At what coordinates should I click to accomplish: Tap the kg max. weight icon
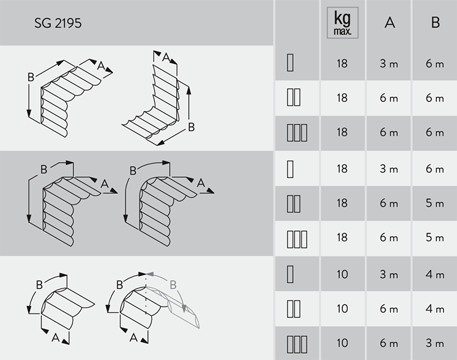point(342,23)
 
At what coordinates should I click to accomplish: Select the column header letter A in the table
point(389,23)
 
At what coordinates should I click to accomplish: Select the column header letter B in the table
point(435,23)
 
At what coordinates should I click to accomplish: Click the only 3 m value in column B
point(435,343)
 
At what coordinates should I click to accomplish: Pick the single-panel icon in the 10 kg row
point(290,273)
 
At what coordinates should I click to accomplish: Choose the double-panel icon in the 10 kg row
point(294,309)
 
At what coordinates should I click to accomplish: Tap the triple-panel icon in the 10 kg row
point(297,343)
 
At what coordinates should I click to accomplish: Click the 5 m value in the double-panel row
point(435,203)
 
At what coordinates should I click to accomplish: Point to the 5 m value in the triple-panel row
point(435,238)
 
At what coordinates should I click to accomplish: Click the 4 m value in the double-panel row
point(435,309)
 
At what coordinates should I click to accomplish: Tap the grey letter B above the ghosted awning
point(173,284)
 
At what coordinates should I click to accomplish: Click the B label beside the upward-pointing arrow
point(191,127)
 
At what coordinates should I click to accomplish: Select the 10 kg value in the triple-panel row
point(342,343)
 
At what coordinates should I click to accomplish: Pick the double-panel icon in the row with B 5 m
point(294,203)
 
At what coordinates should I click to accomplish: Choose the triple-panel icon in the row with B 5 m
point(297,238)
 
